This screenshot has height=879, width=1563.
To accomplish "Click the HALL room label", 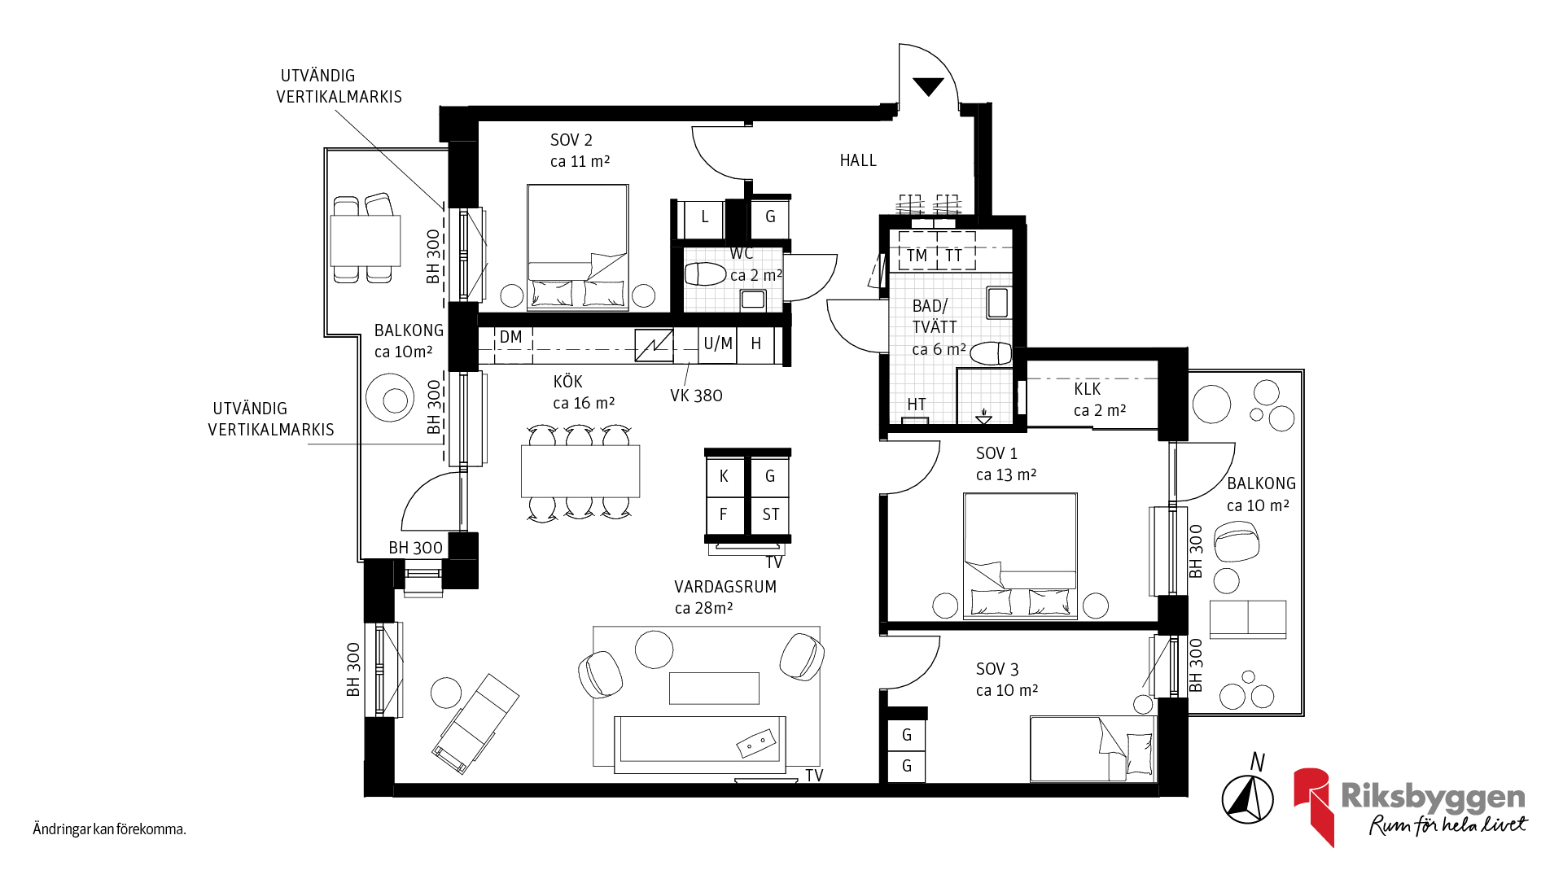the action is click(858, 160).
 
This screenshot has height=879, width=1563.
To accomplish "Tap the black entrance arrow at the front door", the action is click(928, 86).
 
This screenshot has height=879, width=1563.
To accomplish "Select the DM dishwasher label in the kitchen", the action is click(510, 337).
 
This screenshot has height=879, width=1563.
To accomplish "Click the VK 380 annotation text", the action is click(696, 396).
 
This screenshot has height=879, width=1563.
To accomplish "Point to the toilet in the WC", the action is click(705, 274).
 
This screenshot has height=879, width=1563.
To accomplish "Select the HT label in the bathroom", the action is click(917, 405).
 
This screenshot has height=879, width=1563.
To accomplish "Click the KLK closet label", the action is click(1088, 389).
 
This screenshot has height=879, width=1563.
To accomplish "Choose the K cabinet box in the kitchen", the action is click(725, 476).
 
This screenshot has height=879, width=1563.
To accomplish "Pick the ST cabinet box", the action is click(770, 514).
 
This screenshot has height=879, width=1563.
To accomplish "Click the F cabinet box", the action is click(725, 514).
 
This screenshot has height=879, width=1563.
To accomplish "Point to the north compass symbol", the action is click(1248, 798).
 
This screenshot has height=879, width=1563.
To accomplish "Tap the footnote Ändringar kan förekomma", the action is click(110, 829).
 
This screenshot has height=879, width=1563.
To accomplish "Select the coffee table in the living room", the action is click(714, 688).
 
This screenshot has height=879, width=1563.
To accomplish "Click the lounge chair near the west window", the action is click(475, 723).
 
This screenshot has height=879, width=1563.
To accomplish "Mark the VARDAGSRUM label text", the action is click(725, 587).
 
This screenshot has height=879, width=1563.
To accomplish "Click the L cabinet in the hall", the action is click(705, 217).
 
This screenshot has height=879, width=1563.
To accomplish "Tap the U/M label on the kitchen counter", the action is click(718, 343).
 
